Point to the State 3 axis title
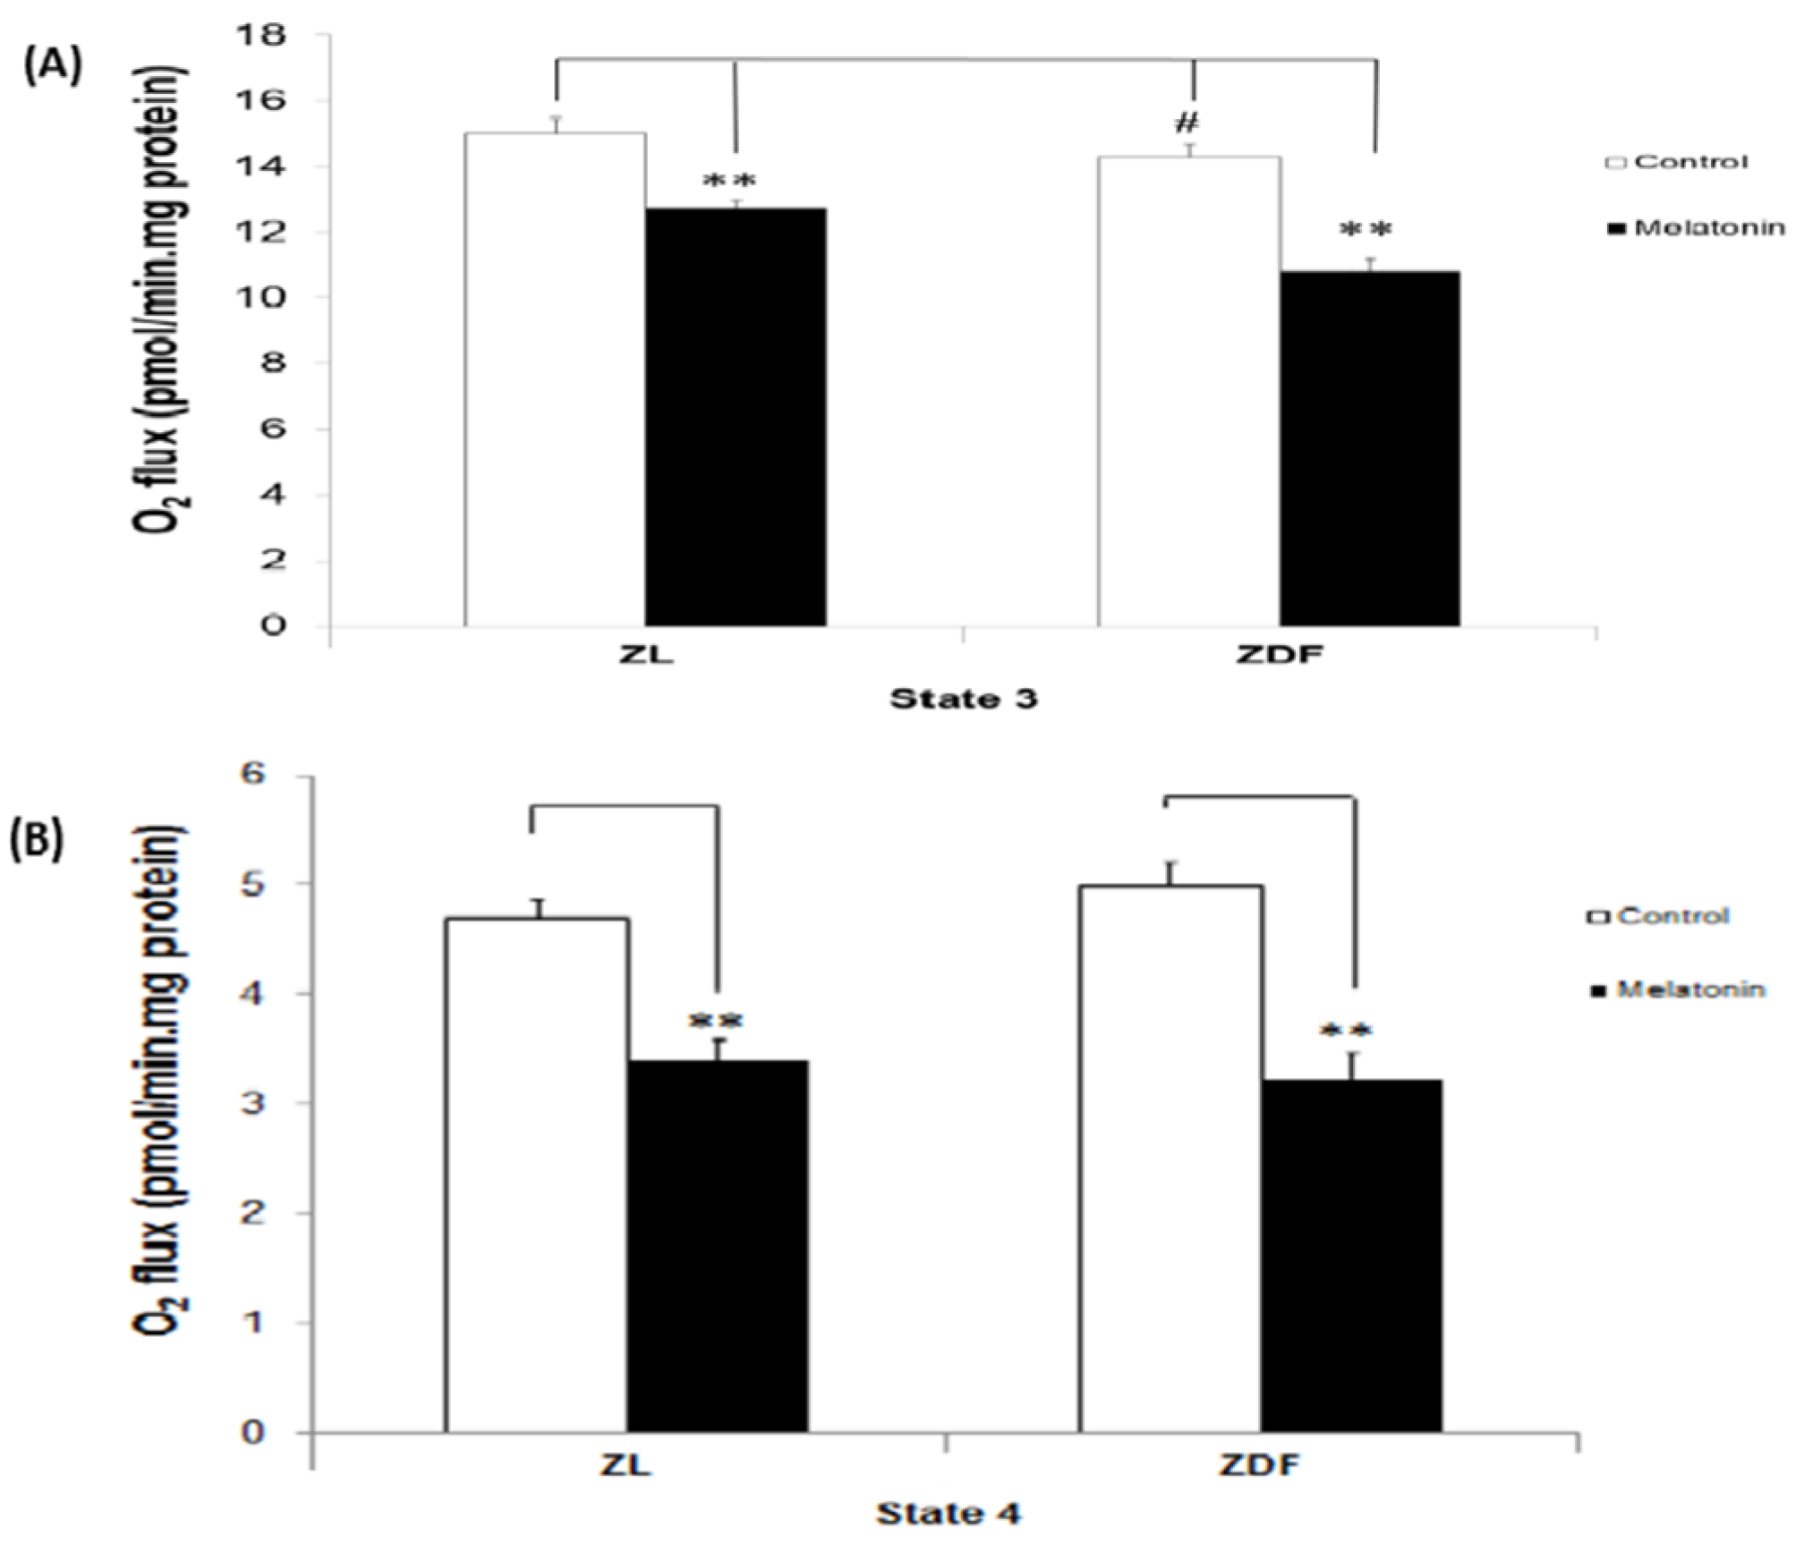[963, 698]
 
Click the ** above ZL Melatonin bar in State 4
[717, 1020]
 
